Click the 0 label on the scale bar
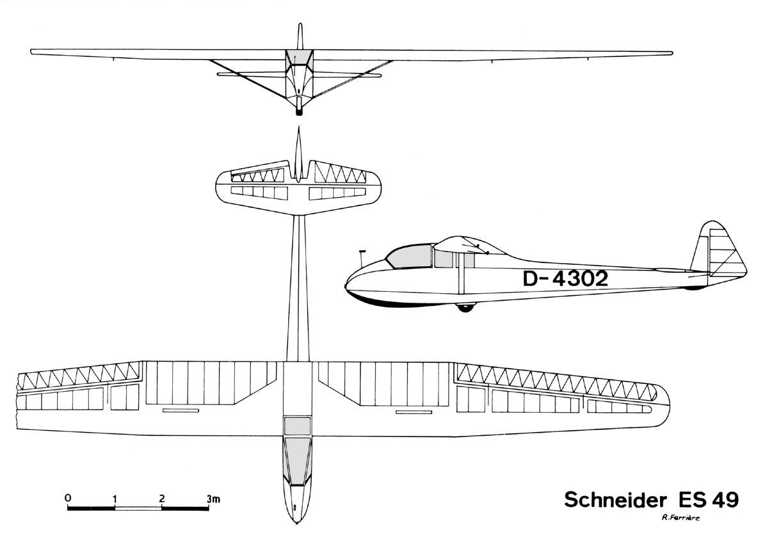[68, 497]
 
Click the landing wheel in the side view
[465, 307]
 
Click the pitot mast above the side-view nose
[362, 257]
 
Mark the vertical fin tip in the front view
[299, 26]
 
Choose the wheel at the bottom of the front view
[299, 111]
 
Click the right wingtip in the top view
[668, 403]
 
